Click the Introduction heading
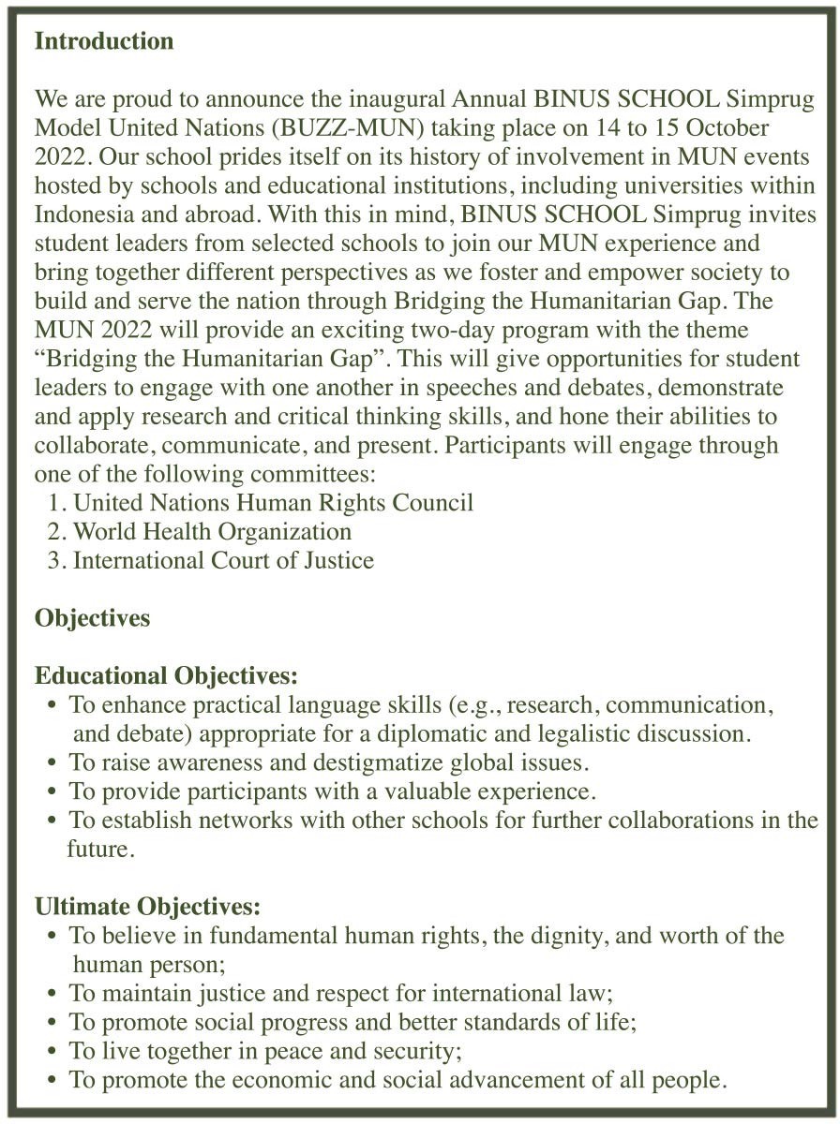(104, 42)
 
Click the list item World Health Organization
(212, 532)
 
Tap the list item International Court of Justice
(223, 561)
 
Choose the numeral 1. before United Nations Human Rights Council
(58, 503)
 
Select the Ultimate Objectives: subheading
(147, 907)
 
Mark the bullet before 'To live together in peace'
(52, 1051)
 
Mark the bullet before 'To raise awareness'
(52, 762)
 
